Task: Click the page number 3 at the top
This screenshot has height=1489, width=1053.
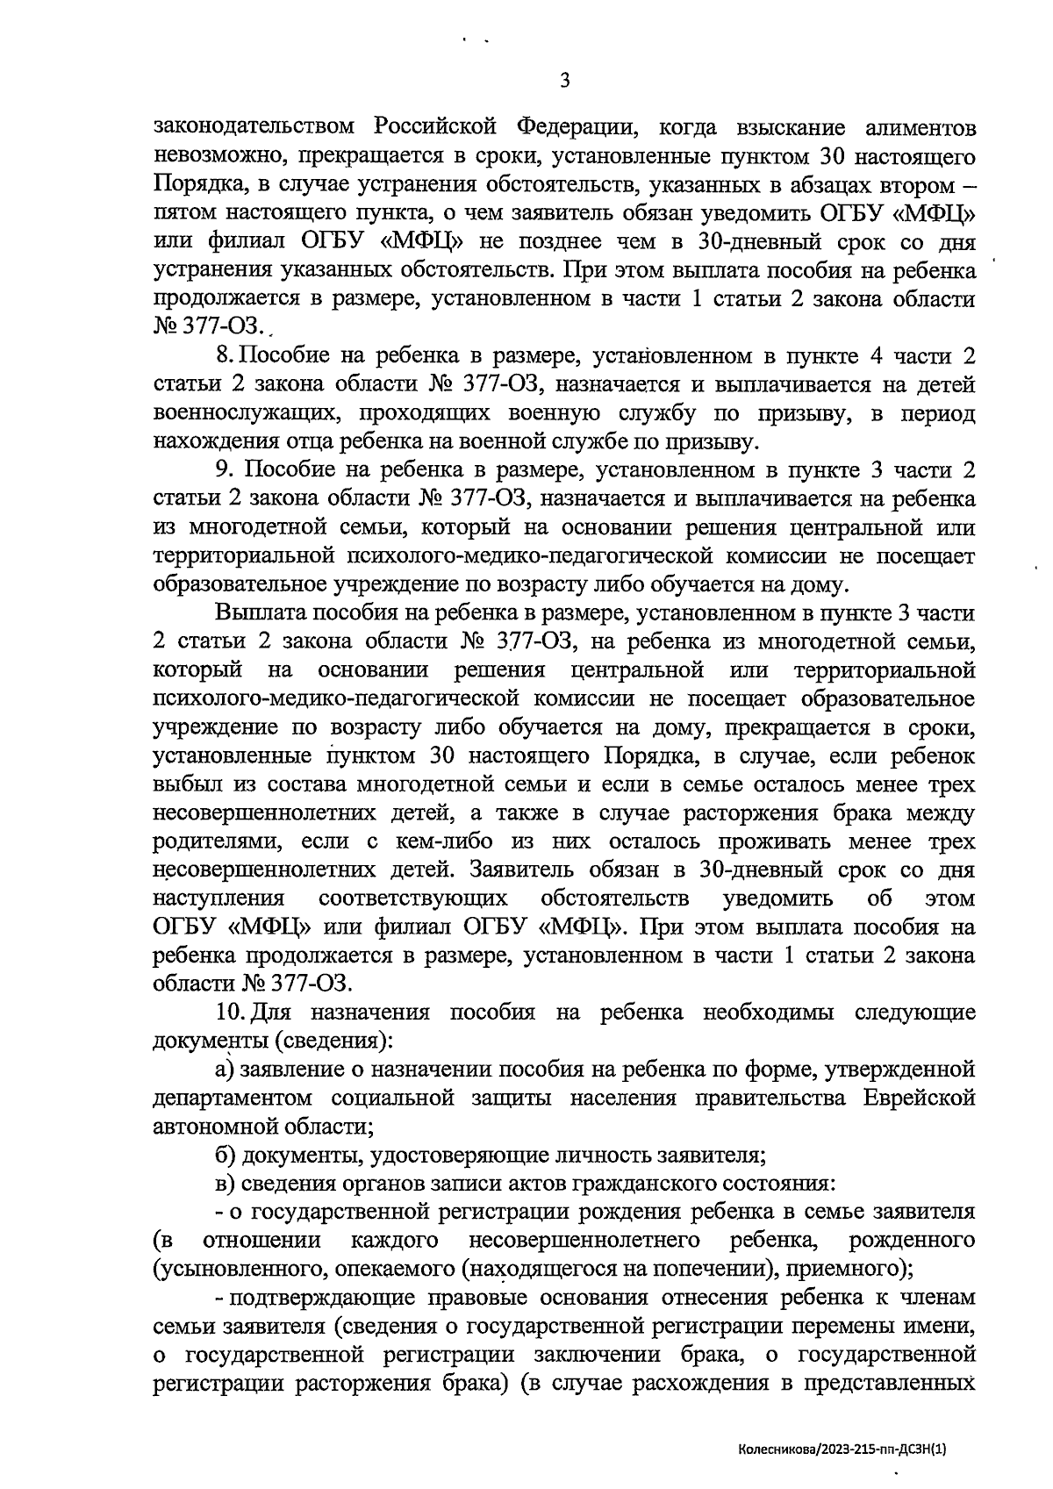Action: [565, 81]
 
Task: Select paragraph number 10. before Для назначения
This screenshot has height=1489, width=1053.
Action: [230, 1013]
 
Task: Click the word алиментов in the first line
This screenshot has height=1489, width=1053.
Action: [920, 128]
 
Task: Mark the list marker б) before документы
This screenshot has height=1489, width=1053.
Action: [226, 1155]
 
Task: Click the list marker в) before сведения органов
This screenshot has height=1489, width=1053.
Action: [226, 1183]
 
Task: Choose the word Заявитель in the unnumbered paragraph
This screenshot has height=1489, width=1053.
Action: [526, 871]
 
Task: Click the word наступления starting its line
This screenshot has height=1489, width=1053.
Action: [218, 899]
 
